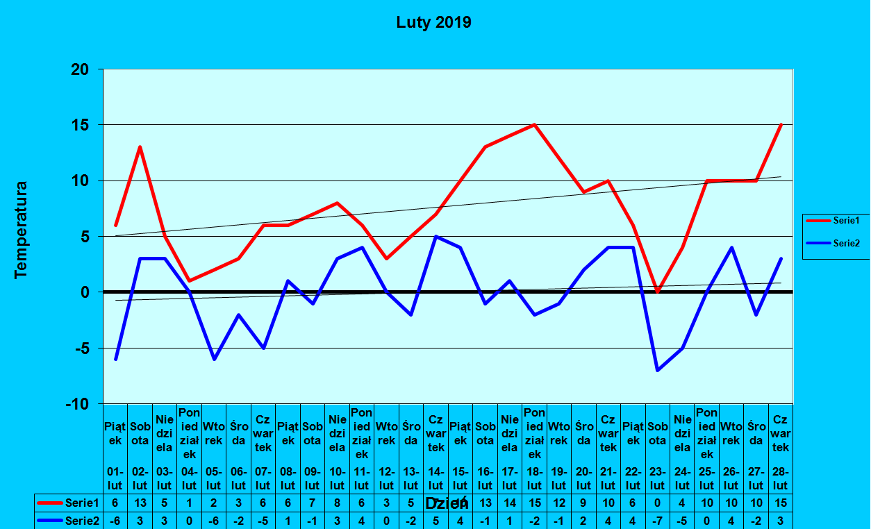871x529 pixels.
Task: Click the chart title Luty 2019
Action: point(434,23)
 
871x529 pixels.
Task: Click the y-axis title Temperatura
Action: point(22,230)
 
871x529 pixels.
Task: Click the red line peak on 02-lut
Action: point(140,147)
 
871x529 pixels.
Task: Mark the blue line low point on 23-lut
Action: point(658,370)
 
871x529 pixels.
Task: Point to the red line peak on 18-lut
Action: point(534,125)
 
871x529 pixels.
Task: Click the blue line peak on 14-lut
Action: point(435,236)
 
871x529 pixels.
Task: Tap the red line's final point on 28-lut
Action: point(781,125)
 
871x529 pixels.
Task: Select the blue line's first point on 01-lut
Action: point(116,359)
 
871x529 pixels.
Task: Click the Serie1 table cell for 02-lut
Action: point(140,503)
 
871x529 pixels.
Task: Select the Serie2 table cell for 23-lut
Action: point(658,520)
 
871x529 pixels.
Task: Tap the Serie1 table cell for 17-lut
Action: point(510,503)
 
